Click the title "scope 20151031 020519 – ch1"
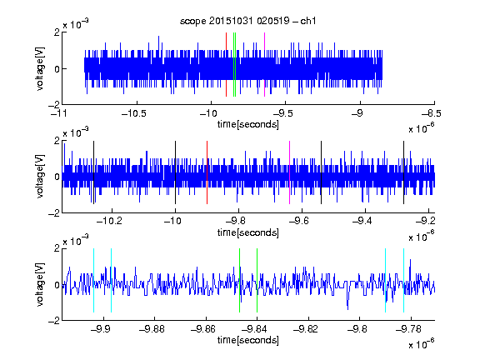(247, 21)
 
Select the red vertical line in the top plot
(226, 65)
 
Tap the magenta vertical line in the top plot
(264, 65)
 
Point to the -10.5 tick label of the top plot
(134, 113)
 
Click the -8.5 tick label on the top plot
(432, 113)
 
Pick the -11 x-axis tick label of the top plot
(59, 113)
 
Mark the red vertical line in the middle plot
(207, 172)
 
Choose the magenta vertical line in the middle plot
(290, 172)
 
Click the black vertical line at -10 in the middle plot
(175, 172)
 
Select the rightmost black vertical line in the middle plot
(403, 172)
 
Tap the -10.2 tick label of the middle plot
(109, 221)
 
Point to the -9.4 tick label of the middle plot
(362, 221)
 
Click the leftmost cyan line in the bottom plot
(93, 280)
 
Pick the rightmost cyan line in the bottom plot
(403, 280)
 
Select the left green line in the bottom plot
(239, 280)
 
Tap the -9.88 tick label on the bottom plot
(152, 329)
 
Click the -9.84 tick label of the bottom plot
(254, 329)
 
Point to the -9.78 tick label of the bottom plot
(408, 329)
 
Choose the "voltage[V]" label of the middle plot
(40, 177)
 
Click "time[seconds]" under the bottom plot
(248, 340)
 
